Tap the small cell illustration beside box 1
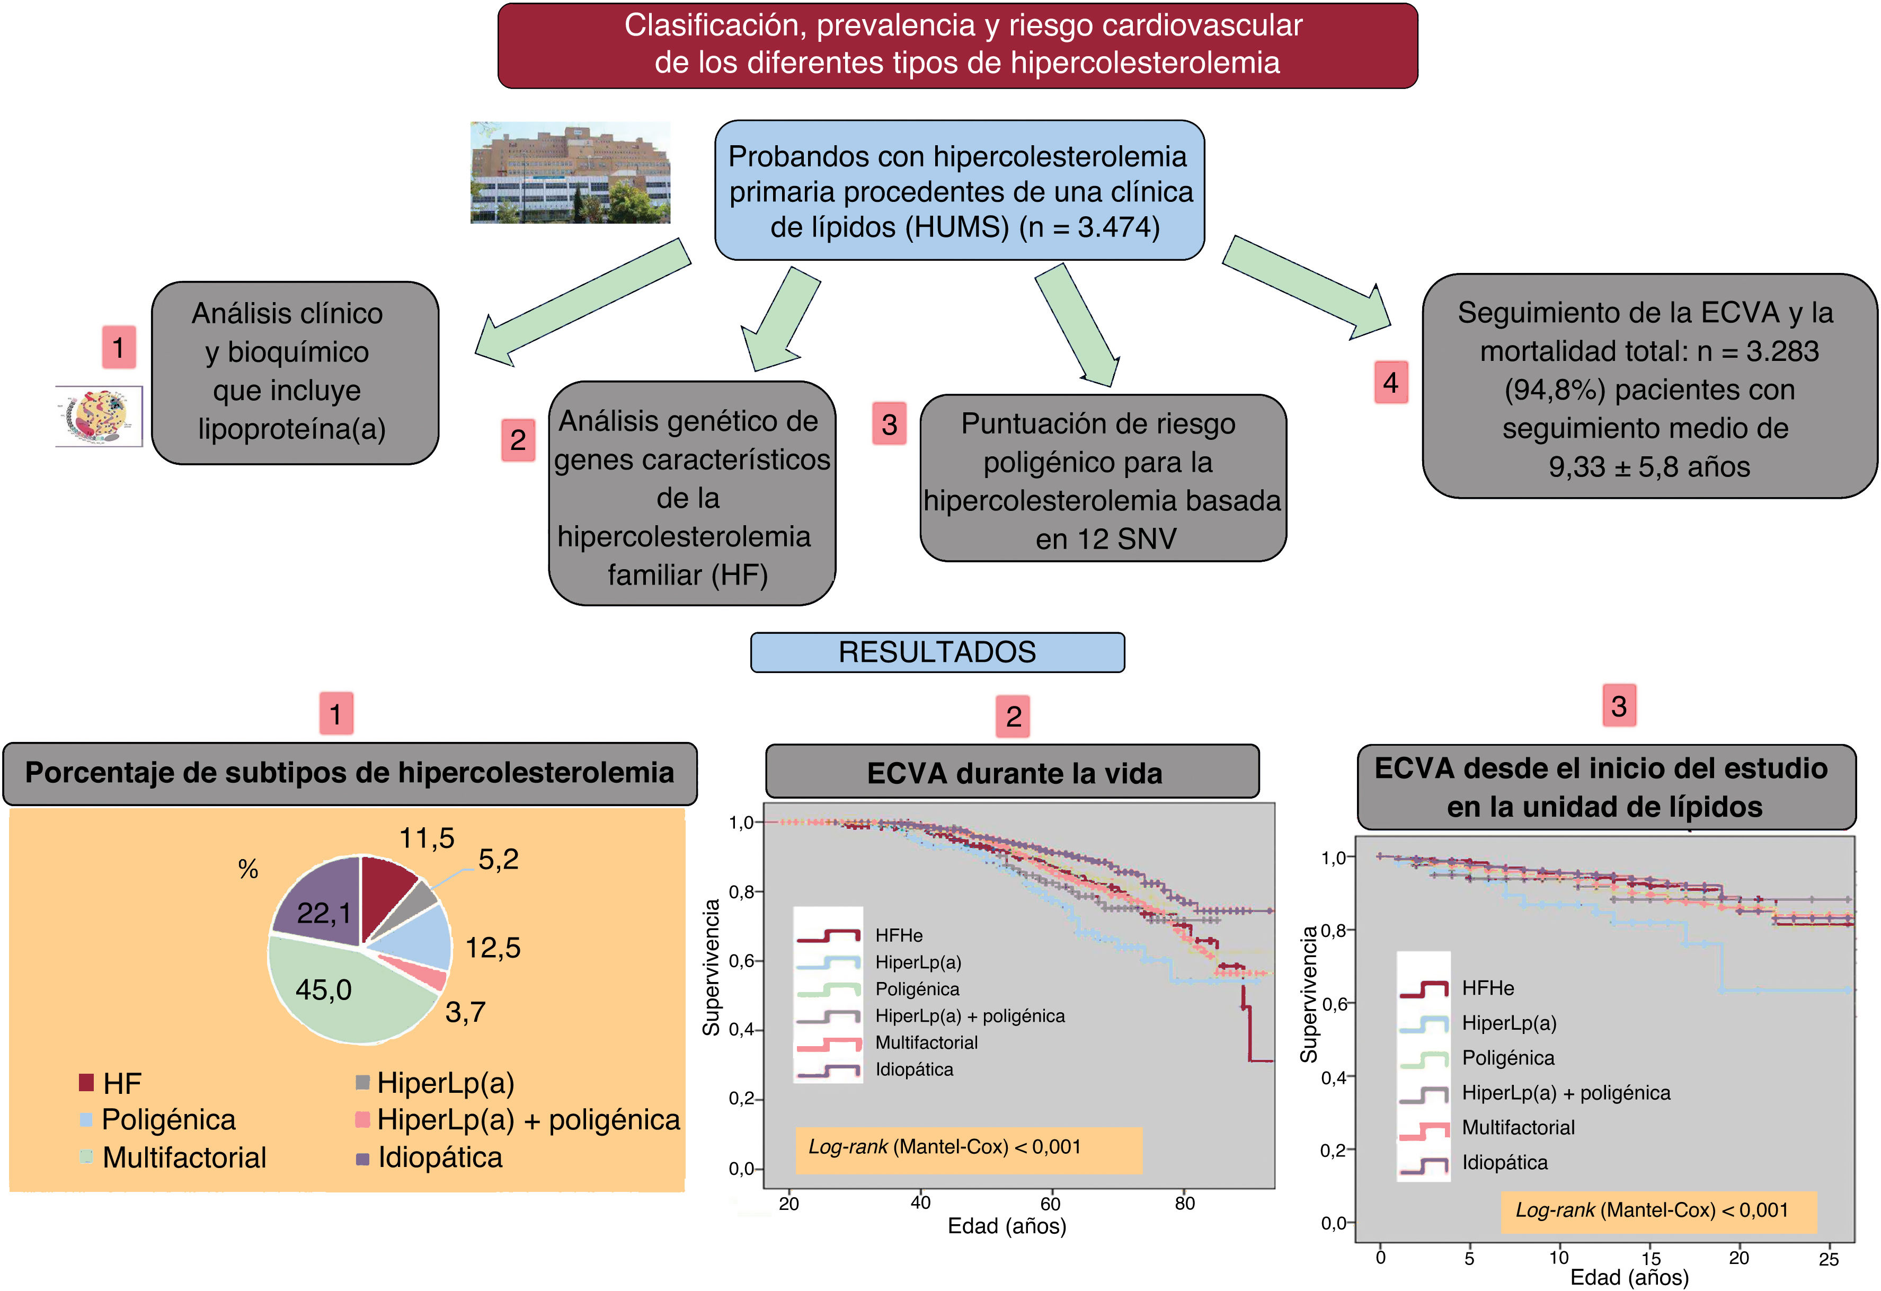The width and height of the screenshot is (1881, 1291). point(99,416)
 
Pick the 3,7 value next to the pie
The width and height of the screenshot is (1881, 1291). point(465,1012)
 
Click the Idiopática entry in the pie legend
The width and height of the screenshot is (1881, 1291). point(439,1157)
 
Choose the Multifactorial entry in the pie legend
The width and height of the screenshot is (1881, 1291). point(184,1157)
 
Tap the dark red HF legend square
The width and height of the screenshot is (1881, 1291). point(86,1082)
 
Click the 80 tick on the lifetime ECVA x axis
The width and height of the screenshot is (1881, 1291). point(1184,1204)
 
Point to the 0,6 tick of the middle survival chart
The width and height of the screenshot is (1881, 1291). point(741,961)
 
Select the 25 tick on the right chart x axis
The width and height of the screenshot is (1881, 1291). point(1829,1259)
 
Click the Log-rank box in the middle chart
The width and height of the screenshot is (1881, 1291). point(968,1148)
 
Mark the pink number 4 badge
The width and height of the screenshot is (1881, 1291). point(1390,382)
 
